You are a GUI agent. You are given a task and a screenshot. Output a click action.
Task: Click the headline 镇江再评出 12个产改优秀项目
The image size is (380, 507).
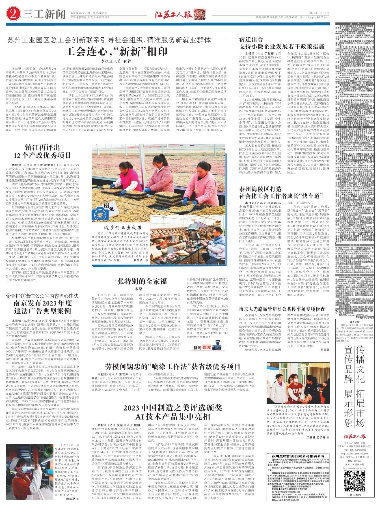pos(42,151)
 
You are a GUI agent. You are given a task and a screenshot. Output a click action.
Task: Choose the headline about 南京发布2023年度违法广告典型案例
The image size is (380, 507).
pos(42,307)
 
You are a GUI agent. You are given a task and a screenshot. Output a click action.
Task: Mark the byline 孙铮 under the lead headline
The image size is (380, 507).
pos(128,61)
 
